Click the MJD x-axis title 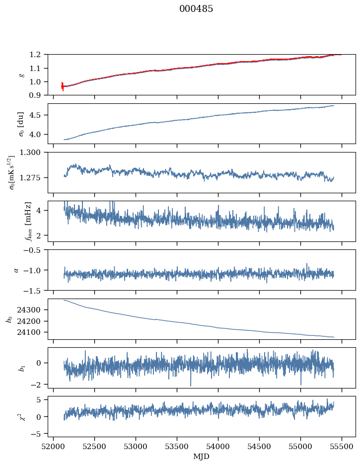[202, 457]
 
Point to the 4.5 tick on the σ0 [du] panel [38, 115]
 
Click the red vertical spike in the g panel [63, 86]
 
